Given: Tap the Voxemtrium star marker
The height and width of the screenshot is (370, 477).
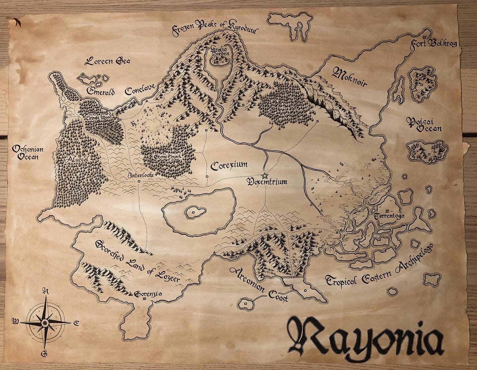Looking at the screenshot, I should point(264,175).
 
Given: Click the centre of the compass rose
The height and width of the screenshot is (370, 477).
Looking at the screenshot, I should point(44,322).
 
